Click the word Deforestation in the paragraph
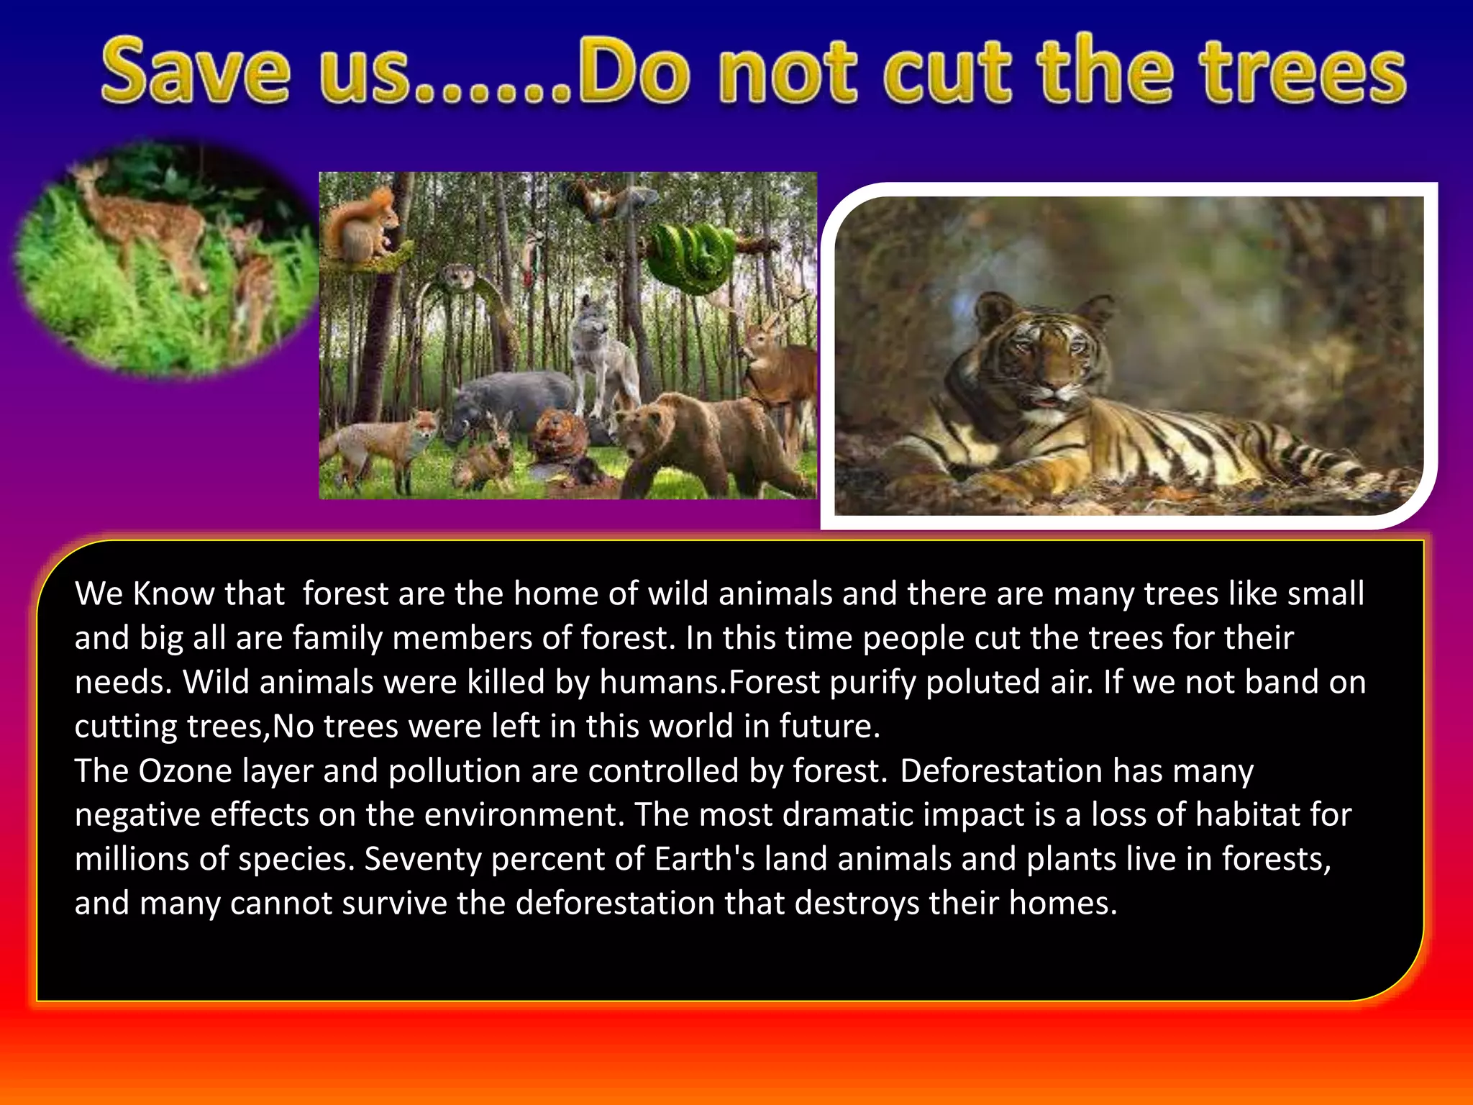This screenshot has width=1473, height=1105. click(x=1001, y=771)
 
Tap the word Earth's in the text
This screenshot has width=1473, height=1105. click(x=705, y=859)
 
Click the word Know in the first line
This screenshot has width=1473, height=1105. click(x=173, y=594)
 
